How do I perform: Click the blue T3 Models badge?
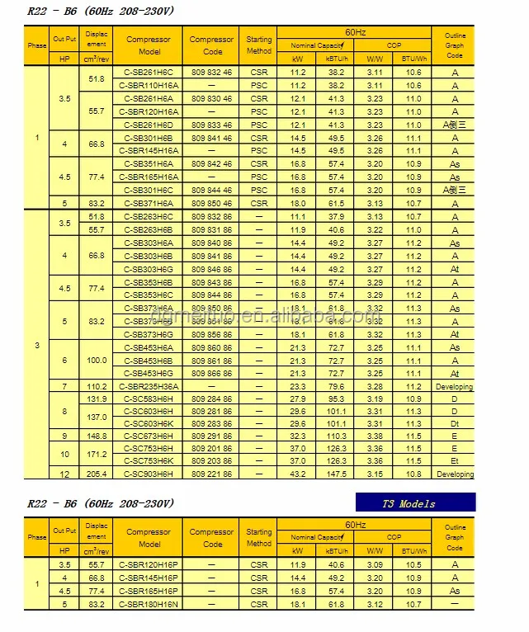[x=416, y=503]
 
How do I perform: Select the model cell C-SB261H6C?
[x=150, y=73]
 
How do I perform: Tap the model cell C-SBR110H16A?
[x=150, y=86]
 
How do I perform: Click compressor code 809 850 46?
[x=212, y=203]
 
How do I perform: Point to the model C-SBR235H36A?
[x=150, y=386]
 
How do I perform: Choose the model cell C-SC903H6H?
[x=150, y=474]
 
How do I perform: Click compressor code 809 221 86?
[x=212, y=474]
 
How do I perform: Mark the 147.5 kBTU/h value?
[x=337, y=474]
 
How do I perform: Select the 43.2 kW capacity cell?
[x=298, y=474]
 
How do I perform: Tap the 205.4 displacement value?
[x=97, y=474]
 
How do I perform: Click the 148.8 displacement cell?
[x=97, y=436]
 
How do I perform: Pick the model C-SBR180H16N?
[x=150, y=604]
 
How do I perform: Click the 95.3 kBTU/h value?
[x=337, y=399]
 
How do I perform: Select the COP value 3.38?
[x=375, y=436]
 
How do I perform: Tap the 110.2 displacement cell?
[x=97, y=386]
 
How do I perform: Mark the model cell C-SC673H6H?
[x=150, y=436]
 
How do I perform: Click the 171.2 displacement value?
[x=97, y=455]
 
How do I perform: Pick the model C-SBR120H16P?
[x=150, y=564]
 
